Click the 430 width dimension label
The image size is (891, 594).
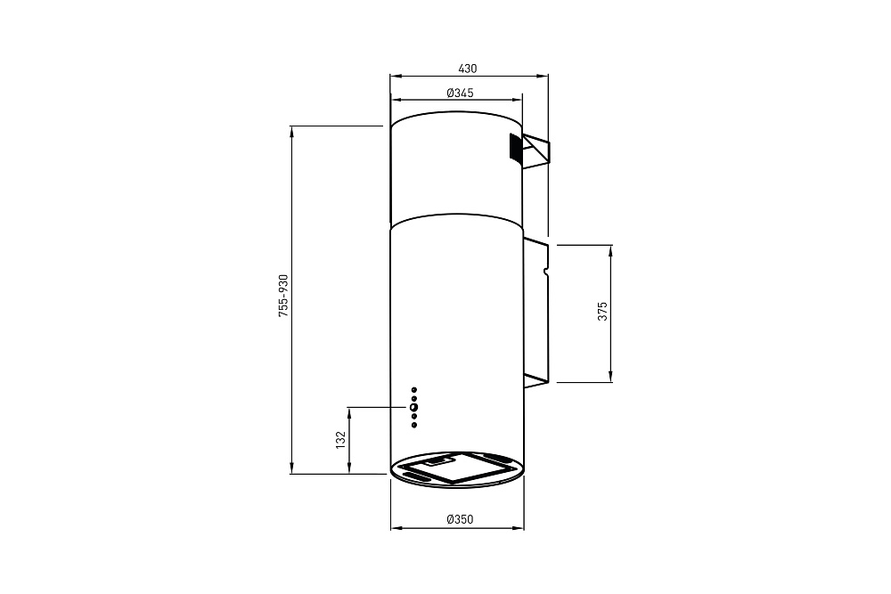pos(467,69)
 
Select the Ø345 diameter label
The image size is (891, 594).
pos(460,93)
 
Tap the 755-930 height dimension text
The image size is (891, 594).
pos(283,296)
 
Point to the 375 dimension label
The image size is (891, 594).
pos(602,311)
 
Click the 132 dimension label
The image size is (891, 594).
pos(340,440)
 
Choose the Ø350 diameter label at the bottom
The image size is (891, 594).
pos(460,519)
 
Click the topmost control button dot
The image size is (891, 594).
pos(414,389)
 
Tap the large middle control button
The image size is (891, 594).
pos(413,407)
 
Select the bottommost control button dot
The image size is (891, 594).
pos(414,425)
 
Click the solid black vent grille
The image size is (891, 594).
pos(515,148)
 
